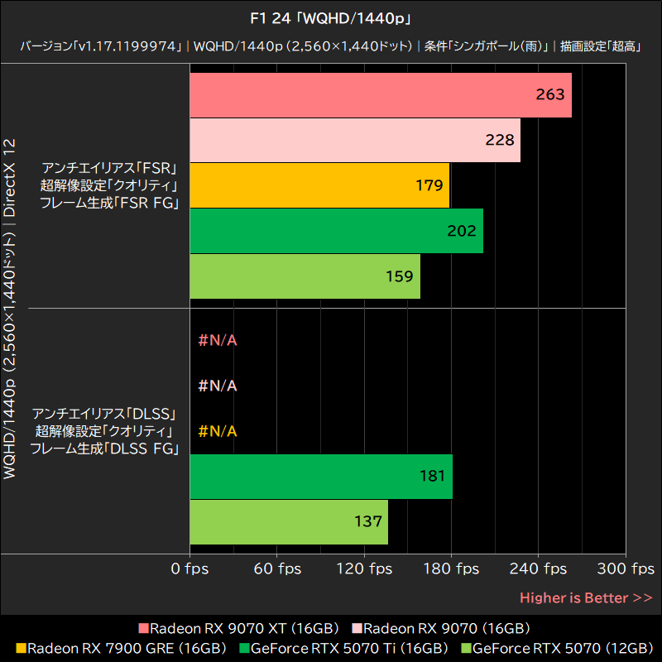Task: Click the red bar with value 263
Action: [381, 95]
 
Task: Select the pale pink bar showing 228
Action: [355, 141]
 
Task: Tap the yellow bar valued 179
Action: [319, 185]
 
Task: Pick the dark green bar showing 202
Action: [336, 231]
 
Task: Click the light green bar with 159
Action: [305, 276]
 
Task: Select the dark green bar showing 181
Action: [321, 476]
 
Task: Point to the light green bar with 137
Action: [289, 521]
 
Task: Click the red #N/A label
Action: [218, 340]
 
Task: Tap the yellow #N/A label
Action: [218, 431]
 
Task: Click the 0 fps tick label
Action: [190, 568]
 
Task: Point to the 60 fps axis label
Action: [277, 568]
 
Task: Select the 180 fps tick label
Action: [451, 568]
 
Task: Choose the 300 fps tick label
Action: [626, 568]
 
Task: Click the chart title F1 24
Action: [330, 17]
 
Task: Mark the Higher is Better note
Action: [585, 597]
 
